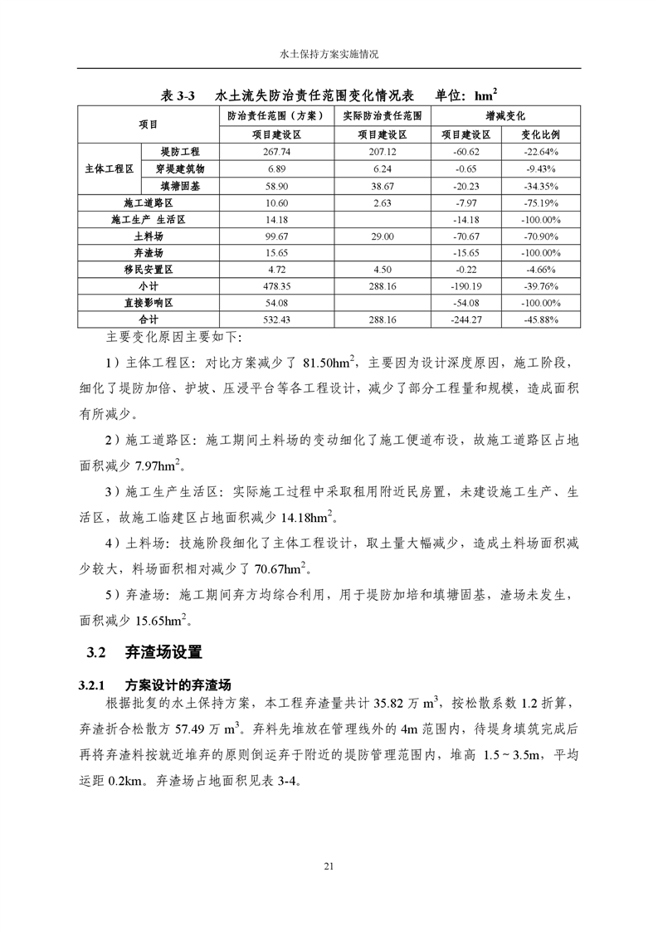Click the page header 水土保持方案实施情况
(329, 54)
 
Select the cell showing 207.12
(382, 152)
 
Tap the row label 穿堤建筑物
(180, 168)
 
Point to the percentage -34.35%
(540, 186)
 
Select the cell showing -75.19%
(540, 202)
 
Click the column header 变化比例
(540, 134)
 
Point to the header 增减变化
(505, 115)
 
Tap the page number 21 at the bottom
(329, 866)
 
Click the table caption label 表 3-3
(175, 95)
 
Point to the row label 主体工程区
(109, 168)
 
